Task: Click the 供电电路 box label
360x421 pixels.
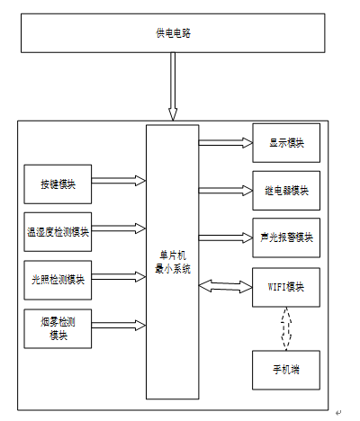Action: [173, 33]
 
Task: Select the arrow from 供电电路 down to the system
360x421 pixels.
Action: [173, 86]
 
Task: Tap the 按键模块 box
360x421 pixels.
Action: [58, 184]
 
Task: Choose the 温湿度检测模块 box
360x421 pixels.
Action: [58, 232]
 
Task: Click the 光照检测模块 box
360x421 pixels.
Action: [58, 280]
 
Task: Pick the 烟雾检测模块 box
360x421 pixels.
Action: [58, 328]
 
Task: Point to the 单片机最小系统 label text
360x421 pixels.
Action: [173, 262]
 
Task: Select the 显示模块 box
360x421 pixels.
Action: [286, 143]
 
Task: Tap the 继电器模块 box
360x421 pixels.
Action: [286, 191]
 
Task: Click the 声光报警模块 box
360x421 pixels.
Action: [286, 237]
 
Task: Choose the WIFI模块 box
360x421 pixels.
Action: [286, 287]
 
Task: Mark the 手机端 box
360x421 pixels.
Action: [286, 370]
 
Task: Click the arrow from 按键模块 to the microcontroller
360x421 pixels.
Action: [119, 181]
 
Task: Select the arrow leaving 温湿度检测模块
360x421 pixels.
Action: [119, 228]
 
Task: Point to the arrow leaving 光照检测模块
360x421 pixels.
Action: [119, 277]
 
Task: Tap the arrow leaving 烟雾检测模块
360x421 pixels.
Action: [119, 326]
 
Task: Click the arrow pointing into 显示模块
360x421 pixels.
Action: [226, 143]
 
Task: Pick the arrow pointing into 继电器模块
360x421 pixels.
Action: [226, 191]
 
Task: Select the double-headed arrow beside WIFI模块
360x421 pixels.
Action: [226, 287]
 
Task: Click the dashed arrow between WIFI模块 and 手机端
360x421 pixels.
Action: [286, 328]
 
